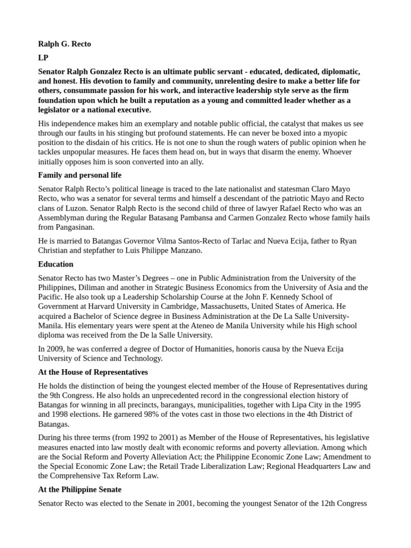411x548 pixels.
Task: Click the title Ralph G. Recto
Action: pyautogui.click(x=64, y=44)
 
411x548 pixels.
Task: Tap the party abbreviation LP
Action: pyautogui.click(x=43, y=58)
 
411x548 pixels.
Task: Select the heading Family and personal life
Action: pyautogui.click(x=80, y=175)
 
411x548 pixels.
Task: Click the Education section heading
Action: pyautogui.click(x=56, y=264)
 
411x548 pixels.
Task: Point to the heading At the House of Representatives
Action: pyautogui.click(x=93, y=372)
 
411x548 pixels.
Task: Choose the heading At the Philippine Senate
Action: pyautogui.click(x=80, y=490)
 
